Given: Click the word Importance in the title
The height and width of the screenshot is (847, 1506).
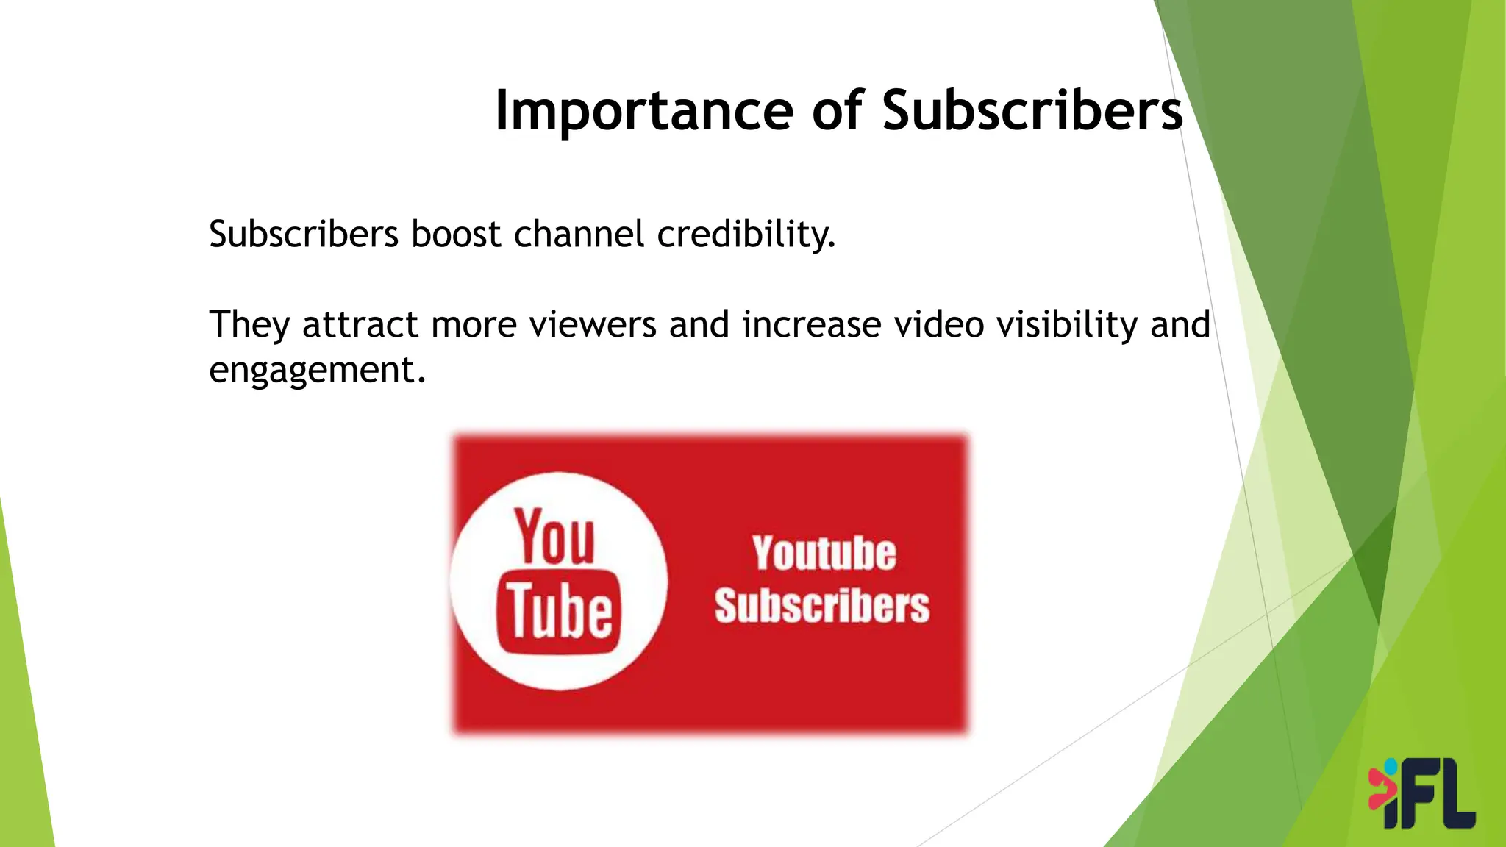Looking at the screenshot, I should (643, 111).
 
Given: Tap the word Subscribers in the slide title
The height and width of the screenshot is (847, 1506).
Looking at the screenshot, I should (1032, 111).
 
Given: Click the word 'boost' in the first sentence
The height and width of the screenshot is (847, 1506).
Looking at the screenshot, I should (455, 235).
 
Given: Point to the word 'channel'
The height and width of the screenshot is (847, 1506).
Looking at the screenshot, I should (579, 235).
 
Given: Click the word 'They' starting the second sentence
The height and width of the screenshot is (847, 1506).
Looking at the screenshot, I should (249, 326).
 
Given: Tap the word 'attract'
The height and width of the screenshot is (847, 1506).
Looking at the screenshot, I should (360, 326).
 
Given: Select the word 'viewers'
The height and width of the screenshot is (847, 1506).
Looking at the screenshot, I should (592, 326).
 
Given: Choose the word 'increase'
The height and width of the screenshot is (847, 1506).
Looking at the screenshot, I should (811, 326).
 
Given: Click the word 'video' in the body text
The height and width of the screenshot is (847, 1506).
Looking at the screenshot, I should (938, 326).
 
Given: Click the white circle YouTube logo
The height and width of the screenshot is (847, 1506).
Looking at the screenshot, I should (559, 581).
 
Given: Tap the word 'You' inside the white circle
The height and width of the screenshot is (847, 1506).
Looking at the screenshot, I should (554, 537).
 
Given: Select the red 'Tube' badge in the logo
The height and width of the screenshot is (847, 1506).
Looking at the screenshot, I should (559, 611).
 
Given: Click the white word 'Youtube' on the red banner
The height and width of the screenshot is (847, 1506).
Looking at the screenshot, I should (824, 554).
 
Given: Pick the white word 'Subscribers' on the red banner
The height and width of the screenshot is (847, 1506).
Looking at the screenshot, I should (821, 606).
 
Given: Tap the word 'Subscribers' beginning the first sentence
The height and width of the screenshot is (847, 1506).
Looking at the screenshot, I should (304, 235).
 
